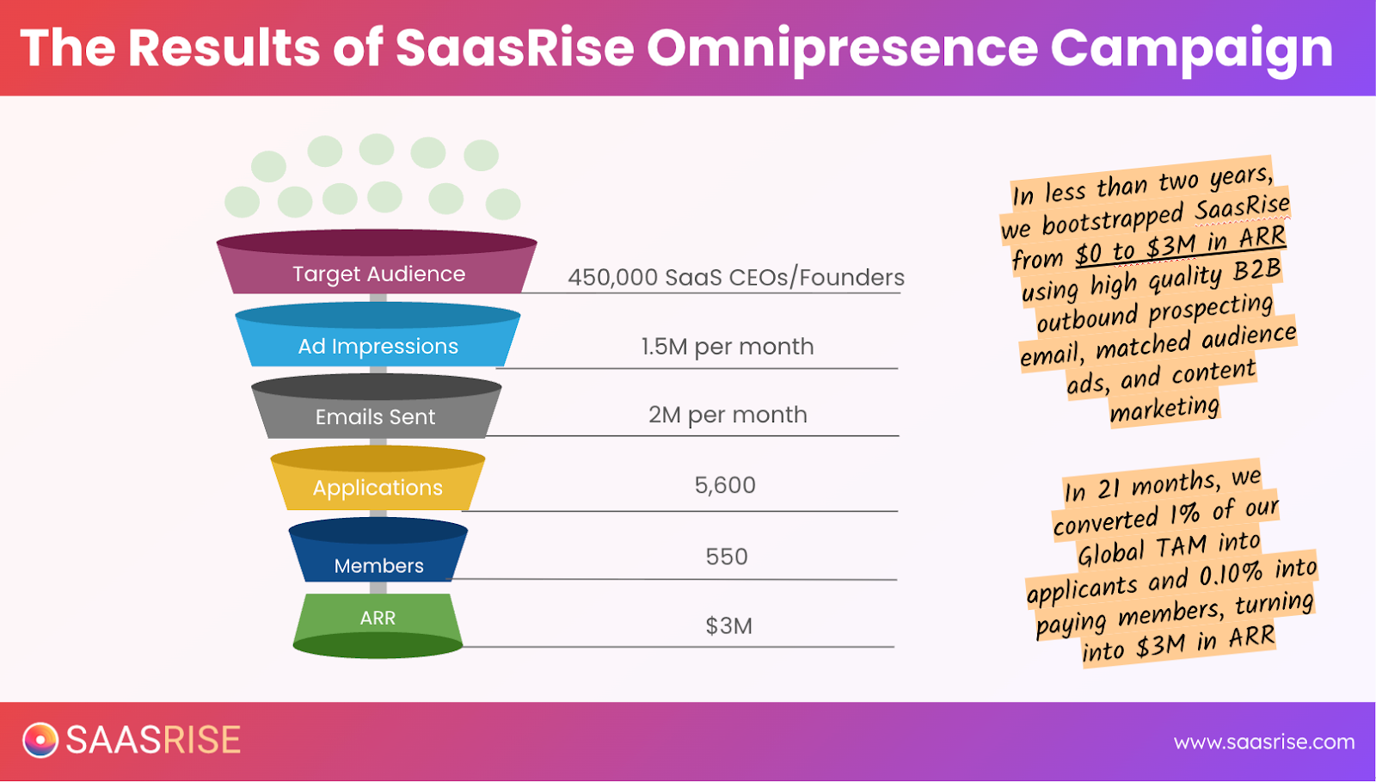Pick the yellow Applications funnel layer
[x=378, y=478]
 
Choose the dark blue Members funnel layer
[x=378, y=550]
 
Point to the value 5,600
[x=725, y=485]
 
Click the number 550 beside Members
[x=726, y=557]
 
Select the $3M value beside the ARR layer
[x=728, y=626]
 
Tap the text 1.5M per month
[x=728, y=347]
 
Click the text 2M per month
[x=728, y=416]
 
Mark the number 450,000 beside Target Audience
[x=612, y=278]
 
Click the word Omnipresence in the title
[x=842, y=48]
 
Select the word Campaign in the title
[x=1192, y=50]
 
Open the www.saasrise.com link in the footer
[x=1264, y=742]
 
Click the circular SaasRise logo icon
[x=40, y=740]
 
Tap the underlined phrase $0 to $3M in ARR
[x=1181, y=246]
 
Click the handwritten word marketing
[x=1164, y=409]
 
